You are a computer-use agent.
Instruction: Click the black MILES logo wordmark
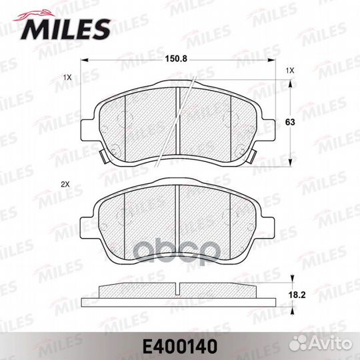tap(65, 29)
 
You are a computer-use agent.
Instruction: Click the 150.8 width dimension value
tap(176, 59)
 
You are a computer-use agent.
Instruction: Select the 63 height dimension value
tap(290, 122)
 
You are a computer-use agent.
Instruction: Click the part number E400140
tap(180, 347)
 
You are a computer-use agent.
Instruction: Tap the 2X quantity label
tap(65, 185)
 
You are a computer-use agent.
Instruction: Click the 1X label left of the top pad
tap(67, 77)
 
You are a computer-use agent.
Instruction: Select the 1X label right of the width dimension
tap(290, 71)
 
